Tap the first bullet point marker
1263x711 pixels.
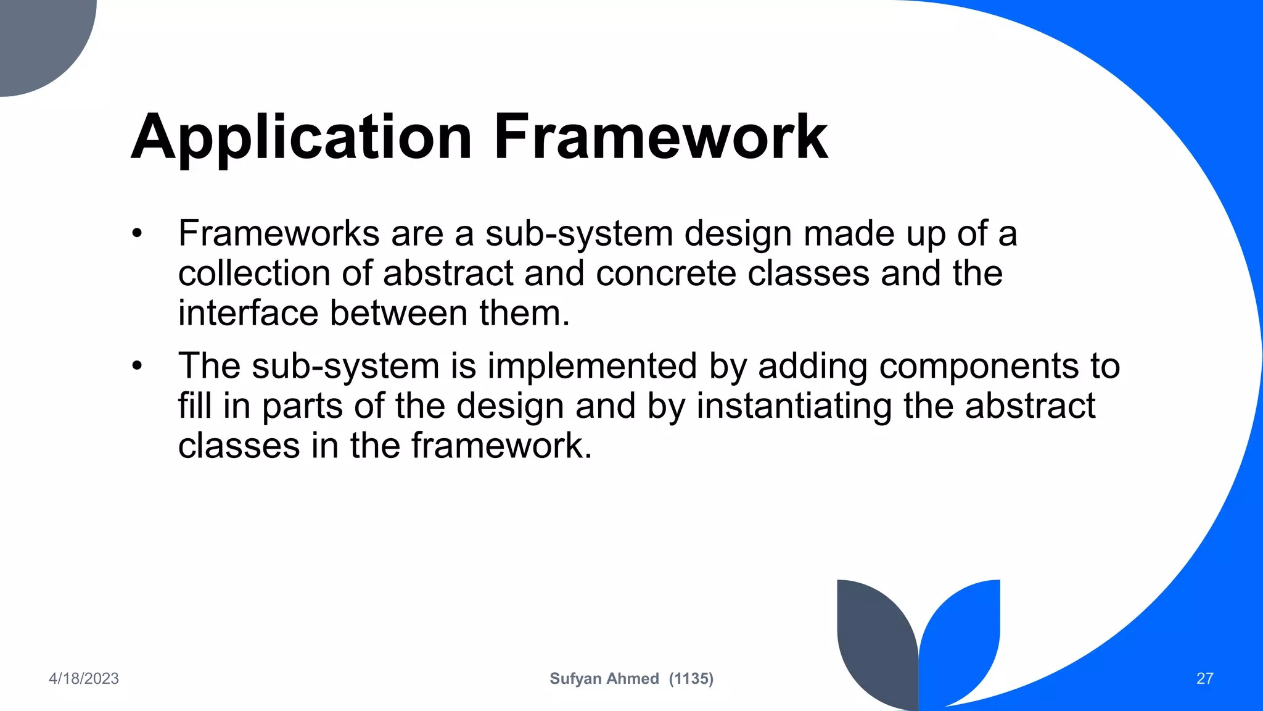click(x=137, y=234)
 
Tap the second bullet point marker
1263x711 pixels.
click(x=137, y=366)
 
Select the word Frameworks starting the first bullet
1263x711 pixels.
click(x=279, y=234)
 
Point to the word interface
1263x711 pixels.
click(x=248, y=313)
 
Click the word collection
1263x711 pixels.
click(x=254, y=273)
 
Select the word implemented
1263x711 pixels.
click(x=592, y=366)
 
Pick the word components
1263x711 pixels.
click(x=979, y=366)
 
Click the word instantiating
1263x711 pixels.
click(x=794, y=406)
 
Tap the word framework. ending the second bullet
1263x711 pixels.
click(x=501, y=446)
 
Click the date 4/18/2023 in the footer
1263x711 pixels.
click(x=84, y=679)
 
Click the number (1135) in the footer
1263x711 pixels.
click(x=691, y=679)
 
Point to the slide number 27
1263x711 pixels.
click(x=1204, y=679)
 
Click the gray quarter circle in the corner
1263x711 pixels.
click(x=37, y=37)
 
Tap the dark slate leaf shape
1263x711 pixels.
click(x=873, y=642)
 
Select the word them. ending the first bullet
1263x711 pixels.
click(x=525, y=313)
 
